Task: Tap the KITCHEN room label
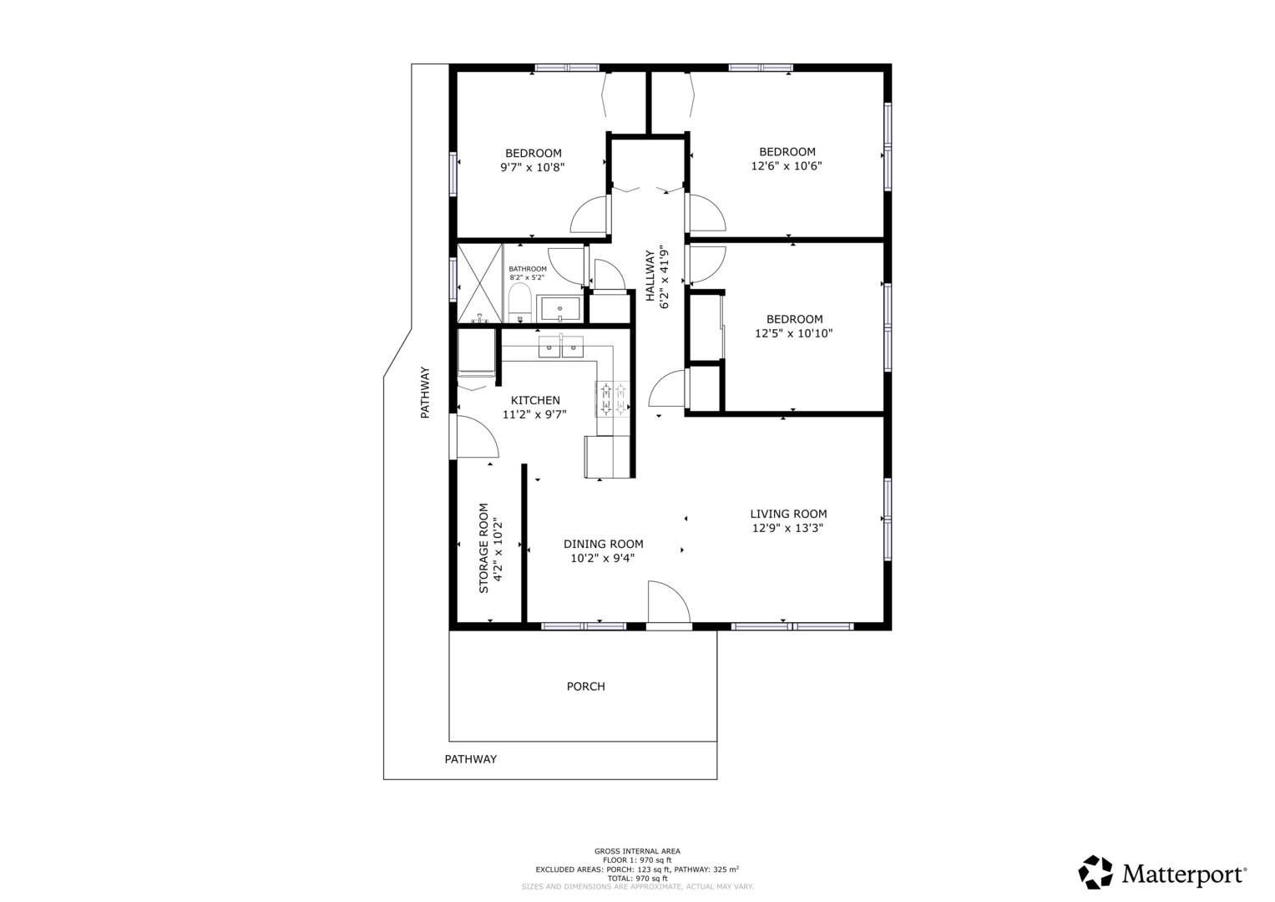tap(535, 400)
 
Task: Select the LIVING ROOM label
tap(788, 514)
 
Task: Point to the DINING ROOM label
tap(604, 544)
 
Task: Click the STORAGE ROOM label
tap(483, 548)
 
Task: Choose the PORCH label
tap(585, 687)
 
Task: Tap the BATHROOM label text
tap(528, 269)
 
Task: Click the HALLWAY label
tap(650, 276)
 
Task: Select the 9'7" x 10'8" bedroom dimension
tap(532, 167)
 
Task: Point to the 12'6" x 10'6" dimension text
tap(787, 165)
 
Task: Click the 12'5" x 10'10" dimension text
tap(794, 333)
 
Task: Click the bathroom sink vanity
tap(559, 309)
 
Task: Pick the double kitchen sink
tap(560, 347)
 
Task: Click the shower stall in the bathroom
tap(480, 284)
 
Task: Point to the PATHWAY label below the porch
tap(471, 759)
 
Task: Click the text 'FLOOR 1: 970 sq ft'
tap(638, 860)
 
